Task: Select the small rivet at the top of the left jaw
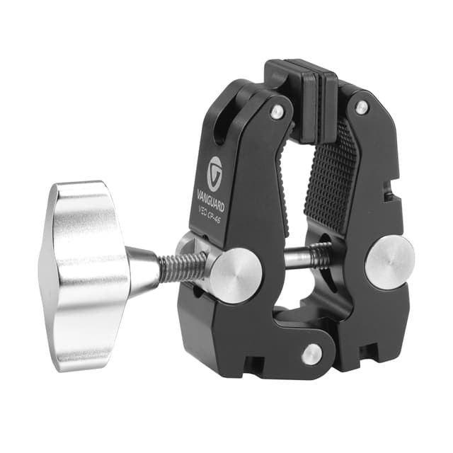277,111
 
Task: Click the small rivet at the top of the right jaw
362,108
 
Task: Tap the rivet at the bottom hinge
311,354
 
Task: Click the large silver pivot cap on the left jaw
236,274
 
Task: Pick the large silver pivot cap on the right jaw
389,261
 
